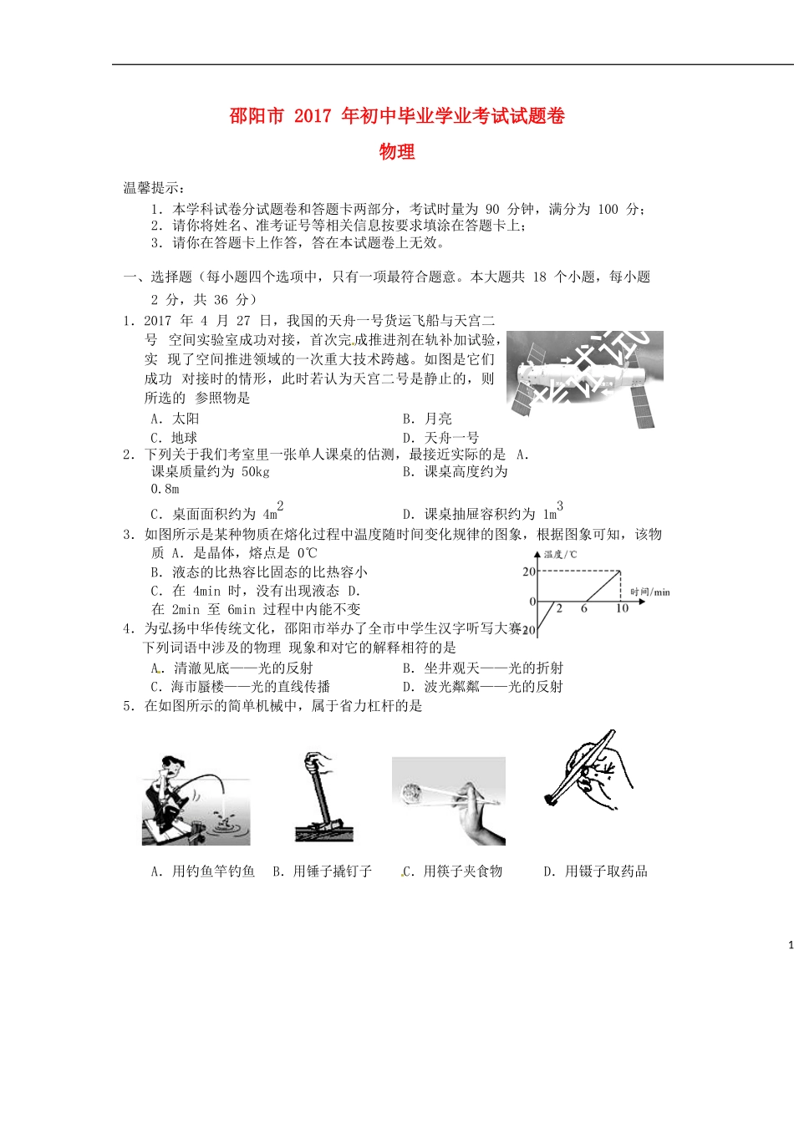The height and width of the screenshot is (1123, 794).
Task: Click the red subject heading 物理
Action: pos(397,151)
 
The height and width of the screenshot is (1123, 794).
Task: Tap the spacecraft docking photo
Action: pos(585,379)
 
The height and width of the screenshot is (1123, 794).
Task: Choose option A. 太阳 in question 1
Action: pos(175,418)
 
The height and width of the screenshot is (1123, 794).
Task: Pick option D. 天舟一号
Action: pos(440,437)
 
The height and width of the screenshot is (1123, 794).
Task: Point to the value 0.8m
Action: pos(165,489)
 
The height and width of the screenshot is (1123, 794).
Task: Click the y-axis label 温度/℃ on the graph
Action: pos(560,555)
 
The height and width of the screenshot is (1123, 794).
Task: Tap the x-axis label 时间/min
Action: pos(650,592)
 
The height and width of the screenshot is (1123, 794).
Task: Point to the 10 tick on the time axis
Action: pos(622,608)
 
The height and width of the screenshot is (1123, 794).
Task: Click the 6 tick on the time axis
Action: pos(584,608)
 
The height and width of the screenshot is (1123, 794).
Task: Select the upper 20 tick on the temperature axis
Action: pos(529,572)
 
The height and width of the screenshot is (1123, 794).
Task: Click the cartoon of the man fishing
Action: pos(196,800)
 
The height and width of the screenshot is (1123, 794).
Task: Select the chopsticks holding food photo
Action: pos(449,800)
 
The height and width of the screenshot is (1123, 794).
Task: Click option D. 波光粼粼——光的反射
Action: pos(482,687)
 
